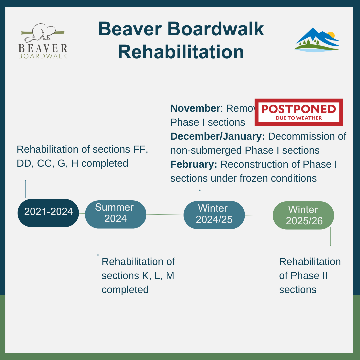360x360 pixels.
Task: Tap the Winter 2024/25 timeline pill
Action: [214, 215]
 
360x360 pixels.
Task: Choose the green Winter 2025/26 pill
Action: [303, 215]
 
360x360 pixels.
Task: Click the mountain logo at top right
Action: [316, 40]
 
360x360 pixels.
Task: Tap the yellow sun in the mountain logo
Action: [331, 35]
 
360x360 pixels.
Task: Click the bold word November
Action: [195, 108]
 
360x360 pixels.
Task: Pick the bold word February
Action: [194, 164]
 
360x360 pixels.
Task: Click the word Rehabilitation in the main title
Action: [181, 52]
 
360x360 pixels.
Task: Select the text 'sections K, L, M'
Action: [138, 276]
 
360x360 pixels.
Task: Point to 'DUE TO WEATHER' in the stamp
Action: [299, 118]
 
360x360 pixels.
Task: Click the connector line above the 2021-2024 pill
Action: [26, 189]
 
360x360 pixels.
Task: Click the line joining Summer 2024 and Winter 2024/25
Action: [165, 215]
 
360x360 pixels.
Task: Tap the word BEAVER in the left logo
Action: [43, 49]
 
